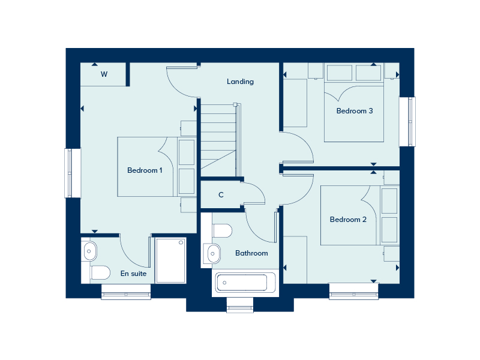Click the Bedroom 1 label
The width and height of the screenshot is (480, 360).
(145, 170)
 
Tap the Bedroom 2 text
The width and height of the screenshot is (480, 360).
(348, 220)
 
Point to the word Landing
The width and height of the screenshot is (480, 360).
(240, 82)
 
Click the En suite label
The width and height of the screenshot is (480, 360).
(133, 274)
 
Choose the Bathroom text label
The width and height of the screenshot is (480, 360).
(251, 253)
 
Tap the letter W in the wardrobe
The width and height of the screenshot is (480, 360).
(104, 74)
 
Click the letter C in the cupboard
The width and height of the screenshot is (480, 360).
(221, 195)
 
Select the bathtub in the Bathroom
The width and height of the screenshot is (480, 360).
(245, 282)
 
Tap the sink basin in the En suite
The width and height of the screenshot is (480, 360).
(90, 250)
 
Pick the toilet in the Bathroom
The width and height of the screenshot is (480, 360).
(222, 231)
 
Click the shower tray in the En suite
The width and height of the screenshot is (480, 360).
(171, 260)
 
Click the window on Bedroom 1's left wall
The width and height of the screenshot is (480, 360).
(73, 173)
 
